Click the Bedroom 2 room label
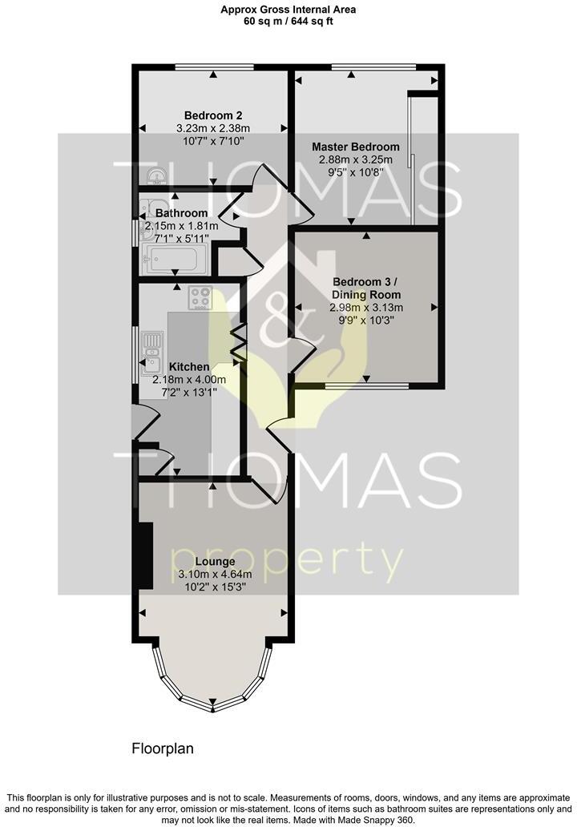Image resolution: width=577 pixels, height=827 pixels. (213, 115)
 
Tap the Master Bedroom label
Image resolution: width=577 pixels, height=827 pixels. (355, 147)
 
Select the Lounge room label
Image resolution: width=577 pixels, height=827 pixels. (214, 562)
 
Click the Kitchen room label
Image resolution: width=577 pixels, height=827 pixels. (189, 366)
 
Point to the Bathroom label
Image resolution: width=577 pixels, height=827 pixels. (181, 213)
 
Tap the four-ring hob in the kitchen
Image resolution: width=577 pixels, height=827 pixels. (200, 298)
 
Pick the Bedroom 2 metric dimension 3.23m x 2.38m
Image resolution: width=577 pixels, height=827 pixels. (213, 127)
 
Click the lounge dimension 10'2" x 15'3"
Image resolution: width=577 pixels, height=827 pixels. (214, 587)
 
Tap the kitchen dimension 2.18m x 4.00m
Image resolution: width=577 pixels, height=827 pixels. (189, 379)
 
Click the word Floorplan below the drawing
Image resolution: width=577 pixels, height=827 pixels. (163, 748)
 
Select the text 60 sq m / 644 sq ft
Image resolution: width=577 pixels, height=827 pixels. (288, 22)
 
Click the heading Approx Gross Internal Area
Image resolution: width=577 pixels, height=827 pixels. (288, 10)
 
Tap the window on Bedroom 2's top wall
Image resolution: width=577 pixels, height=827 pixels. (214, 67)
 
